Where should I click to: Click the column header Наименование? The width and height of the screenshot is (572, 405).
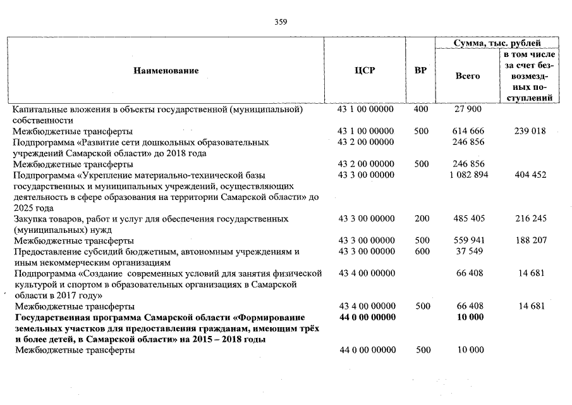pyautogui.click(x=166, y=70)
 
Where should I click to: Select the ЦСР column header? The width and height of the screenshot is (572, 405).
pyautogui.click(x=365, y=70)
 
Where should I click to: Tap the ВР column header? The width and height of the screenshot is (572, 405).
pyautogui.click(x=420, y=70)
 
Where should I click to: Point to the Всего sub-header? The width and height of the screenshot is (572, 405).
pyautogui.click(x=468, y=76)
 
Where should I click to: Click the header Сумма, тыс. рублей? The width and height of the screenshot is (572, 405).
pyautogui.click(x=498, y=43)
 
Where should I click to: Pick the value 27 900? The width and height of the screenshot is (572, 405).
pyautogui.click(x=468, y=109)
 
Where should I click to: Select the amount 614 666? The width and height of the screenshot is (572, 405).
pyautogui.click(x=468, y=131)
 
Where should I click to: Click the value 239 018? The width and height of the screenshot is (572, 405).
pyautogui.click(x=530, y=131)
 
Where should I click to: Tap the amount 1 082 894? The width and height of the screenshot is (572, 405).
pyautogui.click(x=468, y=175)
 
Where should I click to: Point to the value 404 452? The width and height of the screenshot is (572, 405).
pyautogui.click(x=530, y=175)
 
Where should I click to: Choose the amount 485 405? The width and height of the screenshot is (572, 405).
pyautogui.click(x=468, y=218)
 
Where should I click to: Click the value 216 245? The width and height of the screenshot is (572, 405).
pyautogui.click(x=530, y=218)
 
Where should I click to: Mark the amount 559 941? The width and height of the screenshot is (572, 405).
pyautogui.click(x=468, y=240)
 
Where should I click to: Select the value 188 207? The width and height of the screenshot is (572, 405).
pyautogui.click(x=530, y=240)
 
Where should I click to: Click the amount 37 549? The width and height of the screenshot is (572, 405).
pyautogui.click(x=468, y=251)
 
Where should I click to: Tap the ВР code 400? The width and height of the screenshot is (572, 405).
pyautogui.click(x=420, y=109)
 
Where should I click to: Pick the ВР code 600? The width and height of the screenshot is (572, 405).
pyautogui.click(x=420, y=251)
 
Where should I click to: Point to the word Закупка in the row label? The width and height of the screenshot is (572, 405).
pyautogui.click(x=32, y=218)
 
